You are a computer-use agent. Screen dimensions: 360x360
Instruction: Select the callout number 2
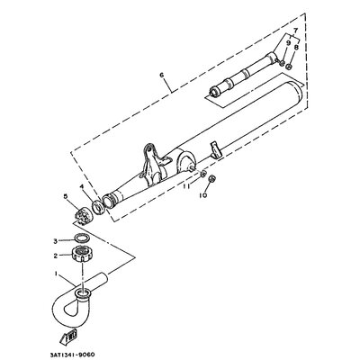pos(56,256)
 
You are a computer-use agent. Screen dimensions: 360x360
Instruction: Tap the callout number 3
pos(55,241)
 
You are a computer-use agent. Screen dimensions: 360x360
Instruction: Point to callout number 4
pos(81,187)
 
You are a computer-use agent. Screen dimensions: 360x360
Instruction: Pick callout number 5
pos(66,196)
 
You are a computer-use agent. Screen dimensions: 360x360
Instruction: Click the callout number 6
pos(162,75)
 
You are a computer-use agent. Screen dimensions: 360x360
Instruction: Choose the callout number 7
pos(295,30)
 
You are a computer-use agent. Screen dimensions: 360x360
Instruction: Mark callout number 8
pos(296,47)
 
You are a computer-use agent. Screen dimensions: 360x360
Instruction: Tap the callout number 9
pos(288,43)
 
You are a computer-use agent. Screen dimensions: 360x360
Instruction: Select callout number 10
pos(203,195)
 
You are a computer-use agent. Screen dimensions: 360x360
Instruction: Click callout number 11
pos(186,186)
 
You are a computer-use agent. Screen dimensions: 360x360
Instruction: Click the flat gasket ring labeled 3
pos(81,238)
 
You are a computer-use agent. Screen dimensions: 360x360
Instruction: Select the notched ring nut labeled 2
pos(81,254)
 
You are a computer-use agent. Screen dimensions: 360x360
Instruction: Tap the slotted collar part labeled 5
pos(83,214)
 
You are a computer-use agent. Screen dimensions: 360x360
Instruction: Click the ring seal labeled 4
pos(98,207)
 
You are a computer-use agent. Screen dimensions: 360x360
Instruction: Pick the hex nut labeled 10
pos(212,178)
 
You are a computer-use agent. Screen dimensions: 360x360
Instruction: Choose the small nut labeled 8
pos(289,67)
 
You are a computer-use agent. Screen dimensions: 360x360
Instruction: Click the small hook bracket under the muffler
pos(216,150)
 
